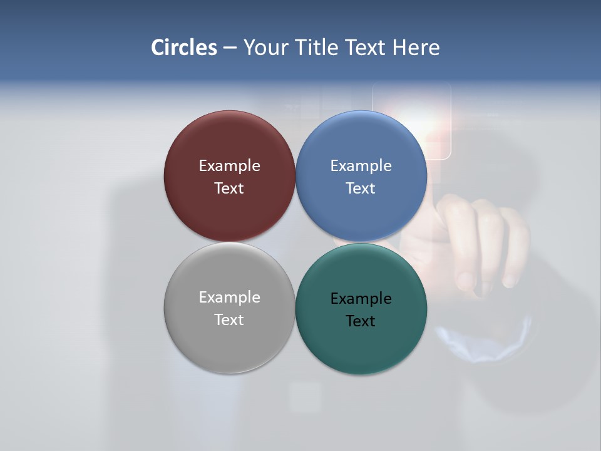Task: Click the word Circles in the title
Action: pos(183,48)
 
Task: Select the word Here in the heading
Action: pos(416,48)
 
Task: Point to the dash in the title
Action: pos(230,48)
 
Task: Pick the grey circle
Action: pos(229,341)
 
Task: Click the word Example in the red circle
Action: pos(229,165)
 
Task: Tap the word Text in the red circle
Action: pos(229,188)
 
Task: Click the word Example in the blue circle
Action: pos(361,165)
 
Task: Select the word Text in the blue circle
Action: pos(361,188)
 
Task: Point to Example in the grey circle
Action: pos(229,297)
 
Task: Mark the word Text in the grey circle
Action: pos(229,319)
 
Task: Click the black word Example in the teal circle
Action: pos(361,298)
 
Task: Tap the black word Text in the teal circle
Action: pos(361,321)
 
